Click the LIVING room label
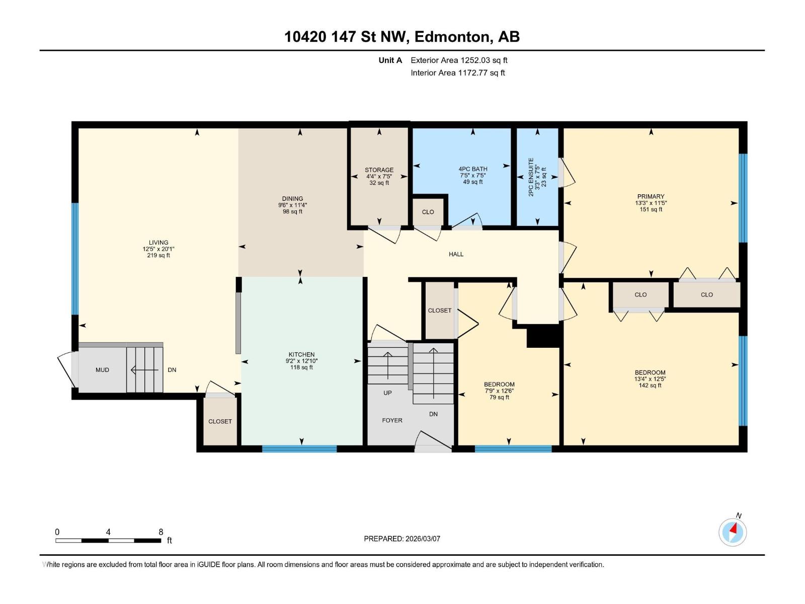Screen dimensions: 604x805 158,243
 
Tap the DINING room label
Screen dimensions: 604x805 292,199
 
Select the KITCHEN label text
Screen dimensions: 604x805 301,355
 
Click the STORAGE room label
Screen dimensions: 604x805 379,170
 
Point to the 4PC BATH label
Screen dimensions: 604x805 472,169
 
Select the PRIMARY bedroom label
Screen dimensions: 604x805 651,197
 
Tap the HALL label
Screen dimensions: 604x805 456,255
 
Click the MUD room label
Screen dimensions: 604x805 102,370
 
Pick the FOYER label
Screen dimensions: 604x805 392,420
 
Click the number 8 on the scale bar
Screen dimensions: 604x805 160,532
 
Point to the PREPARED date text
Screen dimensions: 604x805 402,539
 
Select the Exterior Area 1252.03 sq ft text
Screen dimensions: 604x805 459,60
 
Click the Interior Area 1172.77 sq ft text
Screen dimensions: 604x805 457,73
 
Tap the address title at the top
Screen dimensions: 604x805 402,37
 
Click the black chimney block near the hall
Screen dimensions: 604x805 543,336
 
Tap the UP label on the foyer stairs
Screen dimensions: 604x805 387,393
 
